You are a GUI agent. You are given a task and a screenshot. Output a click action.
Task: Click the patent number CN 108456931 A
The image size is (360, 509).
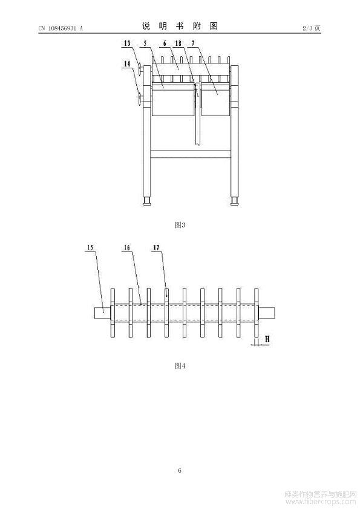click(x=61, y=28)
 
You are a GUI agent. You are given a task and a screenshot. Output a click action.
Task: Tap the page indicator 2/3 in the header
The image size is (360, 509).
click(x=307, y=28)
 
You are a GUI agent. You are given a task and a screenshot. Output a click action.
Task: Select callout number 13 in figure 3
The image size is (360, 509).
click(x=127, y=43)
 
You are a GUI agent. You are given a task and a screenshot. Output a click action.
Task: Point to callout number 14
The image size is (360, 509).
click(x=127, y=63)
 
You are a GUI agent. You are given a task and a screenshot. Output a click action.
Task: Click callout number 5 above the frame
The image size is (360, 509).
click(x=145, y=43)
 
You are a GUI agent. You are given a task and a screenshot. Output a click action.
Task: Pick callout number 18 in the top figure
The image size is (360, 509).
click(x=178, y=43)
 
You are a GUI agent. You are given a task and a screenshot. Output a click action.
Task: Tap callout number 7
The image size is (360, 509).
click(x=193, y=43)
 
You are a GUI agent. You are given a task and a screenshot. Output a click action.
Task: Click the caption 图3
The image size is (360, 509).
click(x=180, y=225)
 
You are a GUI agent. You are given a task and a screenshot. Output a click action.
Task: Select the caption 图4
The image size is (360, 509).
click(x=180, y=366)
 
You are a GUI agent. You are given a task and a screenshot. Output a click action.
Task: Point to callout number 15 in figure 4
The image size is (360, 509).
click(x=90, y=247)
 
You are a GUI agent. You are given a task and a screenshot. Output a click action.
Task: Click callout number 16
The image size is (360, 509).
click(x=126, y=247)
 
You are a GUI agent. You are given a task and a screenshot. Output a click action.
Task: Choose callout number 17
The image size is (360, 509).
click(x=156, y=247)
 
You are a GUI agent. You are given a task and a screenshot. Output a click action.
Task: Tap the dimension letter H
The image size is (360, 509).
click(x=267, y=340)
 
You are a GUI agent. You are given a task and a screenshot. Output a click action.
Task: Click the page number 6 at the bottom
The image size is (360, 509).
click(x=180, y=470)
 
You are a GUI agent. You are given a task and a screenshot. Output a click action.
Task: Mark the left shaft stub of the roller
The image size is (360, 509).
click(x=102, y=313)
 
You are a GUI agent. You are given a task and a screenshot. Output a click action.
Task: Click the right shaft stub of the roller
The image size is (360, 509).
click(x=267, y=313)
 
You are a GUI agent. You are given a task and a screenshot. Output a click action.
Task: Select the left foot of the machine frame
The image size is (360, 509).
click(x=148, y=201)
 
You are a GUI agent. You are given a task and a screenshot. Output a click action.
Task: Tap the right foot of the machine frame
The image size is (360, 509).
click(x=235, y=201)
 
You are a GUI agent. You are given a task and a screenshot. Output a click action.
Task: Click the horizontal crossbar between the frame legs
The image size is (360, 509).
click(x=191, y=154)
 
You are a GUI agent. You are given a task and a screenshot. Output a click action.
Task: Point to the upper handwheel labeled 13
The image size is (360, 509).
click(x=140, y=70)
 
